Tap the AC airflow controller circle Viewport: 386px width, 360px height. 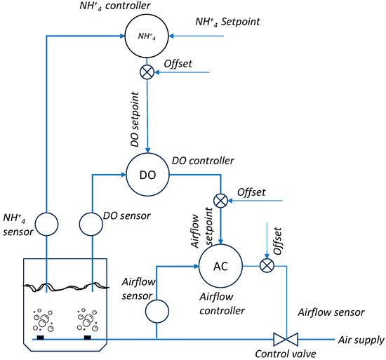point(220,265)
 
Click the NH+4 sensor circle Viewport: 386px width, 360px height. point(46,225)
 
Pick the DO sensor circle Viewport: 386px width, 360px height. point(93,225)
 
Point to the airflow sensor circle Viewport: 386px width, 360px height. point(156,308)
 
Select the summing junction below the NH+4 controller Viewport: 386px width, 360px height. point(147,72)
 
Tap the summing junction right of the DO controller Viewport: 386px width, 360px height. point(220,201)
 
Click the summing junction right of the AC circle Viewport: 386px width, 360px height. point(266,265)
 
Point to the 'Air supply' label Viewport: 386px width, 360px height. point(361,340)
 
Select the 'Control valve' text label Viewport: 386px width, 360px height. point(283,354)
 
